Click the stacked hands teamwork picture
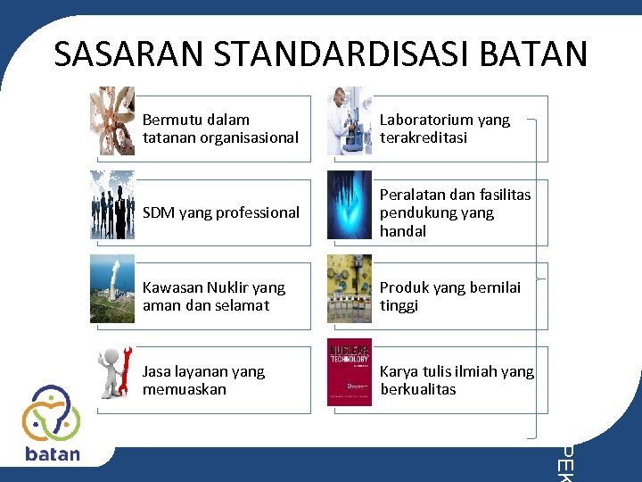coord(112,121)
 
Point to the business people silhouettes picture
coord(112,204)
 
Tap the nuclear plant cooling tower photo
coord(112,288)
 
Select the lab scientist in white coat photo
coord(350,121)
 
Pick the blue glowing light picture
coord(350,204)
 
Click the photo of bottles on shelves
coord(350,288)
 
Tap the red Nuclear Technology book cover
coord(350,372)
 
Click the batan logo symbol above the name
coord(52,413)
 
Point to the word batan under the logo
coord(53,453)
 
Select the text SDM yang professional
coord(221,212)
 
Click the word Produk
coord(403,287)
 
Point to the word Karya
coord(399,371)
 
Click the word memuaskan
coord(185,389)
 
